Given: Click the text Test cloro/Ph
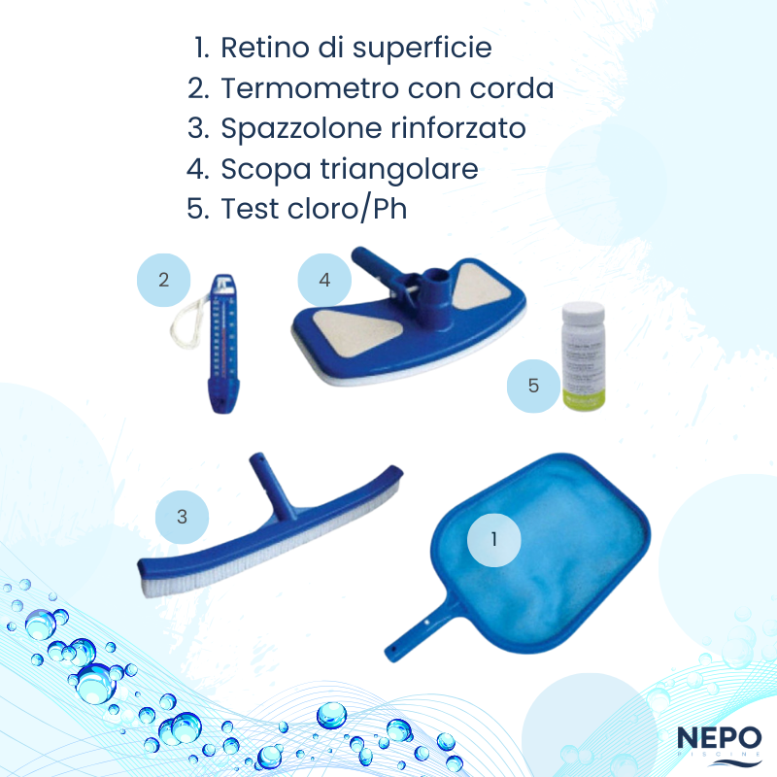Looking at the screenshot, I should pos(314,209).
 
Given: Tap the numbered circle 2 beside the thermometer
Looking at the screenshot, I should pos(163,281).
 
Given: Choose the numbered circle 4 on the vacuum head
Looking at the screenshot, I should pos(324,280).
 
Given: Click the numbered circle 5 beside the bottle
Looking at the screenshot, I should pos(533,386).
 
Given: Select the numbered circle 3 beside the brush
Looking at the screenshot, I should pos(182,517).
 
